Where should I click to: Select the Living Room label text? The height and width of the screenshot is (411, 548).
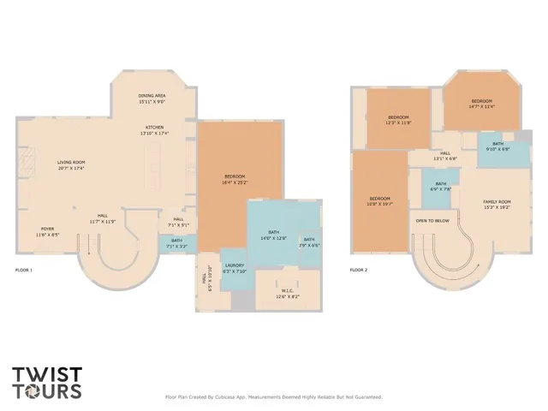71,164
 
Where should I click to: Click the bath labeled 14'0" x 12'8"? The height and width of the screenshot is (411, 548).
274,235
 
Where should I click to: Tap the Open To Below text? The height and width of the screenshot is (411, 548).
433,220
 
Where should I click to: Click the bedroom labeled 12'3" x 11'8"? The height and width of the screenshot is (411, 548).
399,120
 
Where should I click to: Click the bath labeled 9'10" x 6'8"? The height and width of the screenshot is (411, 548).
497,146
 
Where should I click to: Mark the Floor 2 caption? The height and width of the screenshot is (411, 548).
360,270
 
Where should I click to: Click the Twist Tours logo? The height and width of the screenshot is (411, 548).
48,383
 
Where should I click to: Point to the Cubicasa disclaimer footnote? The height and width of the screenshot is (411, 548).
273,396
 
